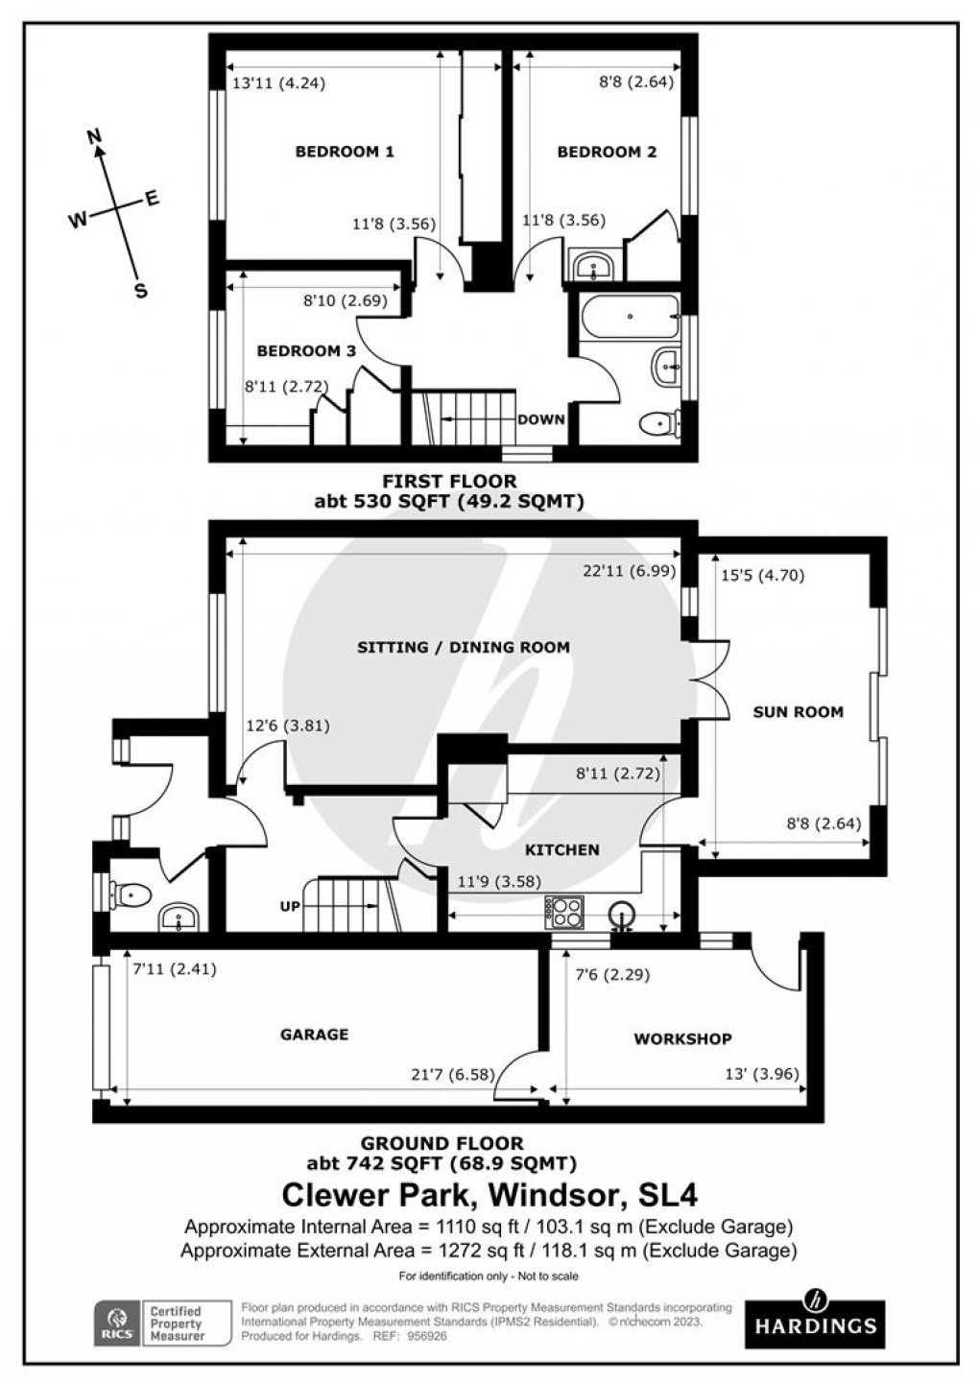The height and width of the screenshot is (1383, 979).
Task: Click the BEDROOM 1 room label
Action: pos(345,152)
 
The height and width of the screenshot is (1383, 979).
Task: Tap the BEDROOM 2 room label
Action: pos(607,152)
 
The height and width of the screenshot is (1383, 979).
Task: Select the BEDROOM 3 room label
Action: pos(305,351)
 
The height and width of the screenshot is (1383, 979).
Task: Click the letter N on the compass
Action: pos(94,137)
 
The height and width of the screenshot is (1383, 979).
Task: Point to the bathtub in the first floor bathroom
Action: pos(629,314)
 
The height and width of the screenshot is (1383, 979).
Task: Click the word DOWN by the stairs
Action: pos(541,419)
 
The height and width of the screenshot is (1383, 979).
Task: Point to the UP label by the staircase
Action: pos(289,907)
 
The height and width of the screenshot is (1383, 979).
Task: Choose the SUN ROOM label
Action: pos(798,712)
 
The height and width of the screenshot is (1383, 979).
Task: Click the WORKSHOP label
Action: pos(682,1038)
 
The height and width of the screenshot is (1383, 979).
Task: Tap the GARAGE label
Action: pos(314,1034)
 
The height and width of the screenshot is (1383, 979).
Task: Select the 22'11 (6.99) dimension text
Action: pos(630,571)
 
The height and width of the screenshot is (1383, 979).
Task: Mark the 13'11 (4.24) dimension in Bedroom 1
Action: pos(279,83)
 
